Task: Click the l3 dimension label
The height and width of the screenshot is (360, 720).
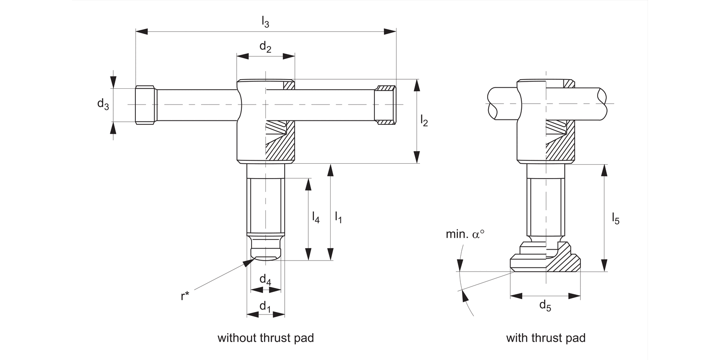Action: pos(265,22)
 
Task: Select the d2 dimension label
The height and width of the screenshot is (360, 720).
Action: pos(265,47)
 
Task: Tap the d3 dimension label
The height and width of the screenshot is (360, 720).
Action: pos(103,104)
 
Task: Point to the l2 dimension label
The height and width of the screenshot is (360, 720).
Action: pos(424,121)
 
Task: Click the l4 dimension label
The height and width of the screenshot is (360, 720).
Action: pos(315,217)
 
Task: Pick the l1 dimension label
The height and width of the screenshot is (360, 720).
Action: pos(338,217)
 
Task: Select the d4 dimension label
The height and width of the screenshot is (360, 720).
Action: pos(265,279)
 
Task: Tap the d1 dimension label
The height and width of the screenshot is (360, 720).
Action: pos(265,306)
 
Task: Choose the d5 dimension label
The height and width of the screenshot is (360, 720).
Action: pos(545,305)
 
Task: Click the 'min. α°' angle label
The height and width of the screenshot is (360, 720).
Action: pos(465,235)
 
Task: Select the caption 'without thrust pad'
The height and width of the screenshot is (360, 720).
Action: pos(265,338)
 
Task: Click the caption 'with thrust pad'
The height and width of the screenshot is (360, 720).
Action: pos(546,338)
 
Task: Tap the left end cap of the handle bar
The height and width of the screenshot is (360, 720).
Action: pos(145,105)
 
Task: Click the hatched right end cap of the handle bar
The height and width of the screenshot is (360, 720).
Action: pos(385,105)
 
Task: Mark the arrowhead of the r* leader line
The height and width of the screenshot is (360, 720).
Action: pos(248,262)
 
